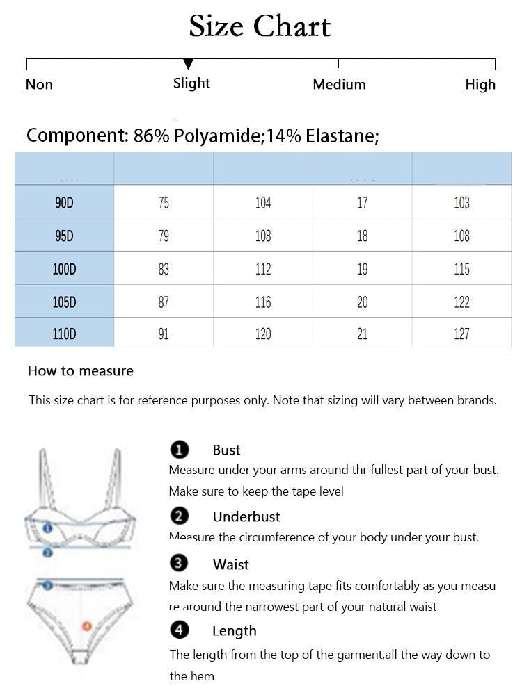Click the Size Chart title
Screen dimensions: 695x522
tap(260, 26)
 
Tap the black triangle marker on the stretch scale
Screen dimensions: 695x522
tap(188, 65)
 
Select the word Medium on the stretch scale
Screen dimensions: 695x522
tap(339, 85)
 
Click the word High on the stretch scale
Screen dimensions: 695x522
tap(480, 85)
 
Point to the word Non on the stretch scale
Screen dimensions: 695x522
tap(39, 85)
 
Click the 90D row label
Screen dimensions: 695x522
tap(64, 203)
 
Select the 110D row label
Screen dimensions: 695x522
tap(64, 334)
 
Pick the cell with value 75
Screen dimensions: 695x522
tap(164, 203)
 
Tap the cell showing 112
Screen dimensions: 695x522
tap(263, 269)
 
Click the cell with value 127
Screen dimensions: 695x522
tap(461, 334)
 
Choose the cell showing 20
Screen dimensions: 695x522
tap(362, 302)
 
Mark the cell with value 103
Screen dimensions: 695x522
tap(461, 203)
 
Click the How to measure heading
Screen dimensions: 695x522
tap(81, 371)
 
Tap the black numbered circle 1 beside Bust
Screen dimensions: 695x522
tap(180, 450)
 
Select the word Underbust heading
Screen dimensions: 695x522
tap(246, 517)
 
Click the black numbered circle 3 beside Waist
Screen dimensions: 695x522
tap(180, 564)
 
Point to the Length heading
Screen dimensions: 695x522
tap(235, 631)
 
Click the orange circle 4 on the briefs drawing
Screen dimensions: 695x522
tap(86, 626)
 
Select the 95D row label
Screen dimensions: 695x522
tap(64, 236)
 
